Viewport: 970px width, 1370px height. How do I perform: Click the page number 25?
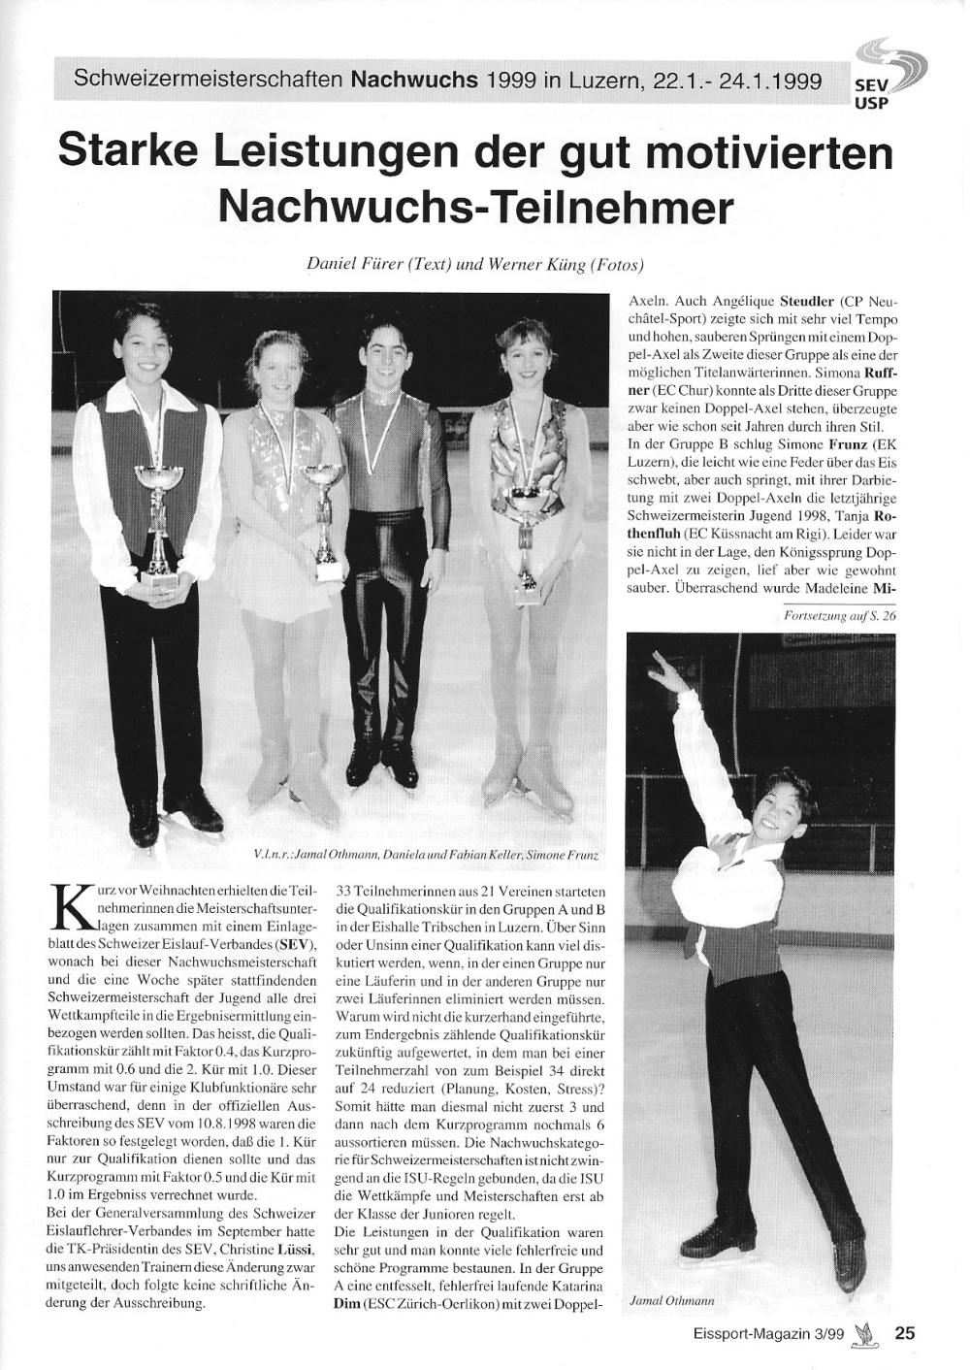pyautogui.click(x=904, y=1332)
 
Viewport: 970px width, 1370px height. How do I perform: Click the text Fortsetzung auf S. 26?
pyautogui.click(x=839, y=615)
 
